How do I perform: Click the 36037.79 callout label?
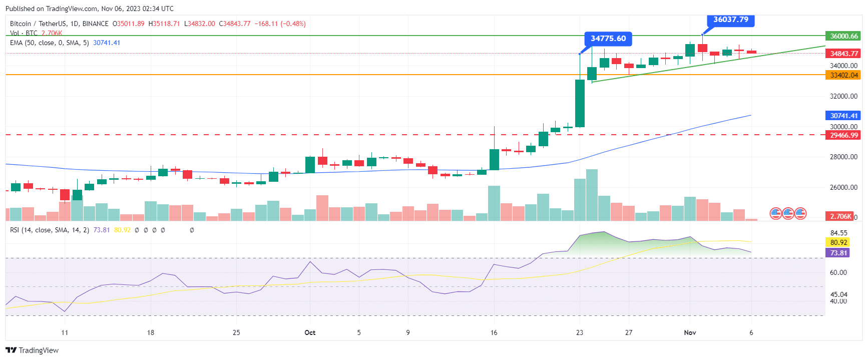(730, 20)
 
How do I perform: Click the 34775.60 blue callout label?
(608, 39)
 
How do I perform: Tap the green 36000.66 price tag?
(843, 36)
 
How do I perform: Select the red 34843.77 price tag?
(843, 54)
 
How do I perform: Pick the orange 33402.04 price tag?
(843, 75)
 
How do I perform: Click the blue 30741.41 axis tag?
(843, 116)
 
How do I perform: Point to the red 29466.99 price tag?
(843, 135)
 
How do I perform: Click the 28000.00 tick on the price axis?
(843, 157)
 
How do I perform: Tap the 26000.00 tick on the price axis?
(843, 187)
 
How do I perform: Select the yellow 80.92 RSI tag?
(838, 242)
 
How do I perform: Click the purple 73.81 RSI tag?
(838, 253)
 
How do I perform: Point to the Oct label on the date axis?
(310, 332)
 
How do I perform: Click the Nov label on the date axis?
(690, 332)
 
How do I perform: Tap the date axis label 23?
(580, 332)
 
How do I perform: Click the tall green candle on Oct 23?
(580, 103)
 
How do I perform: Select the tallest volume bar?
(592, 195)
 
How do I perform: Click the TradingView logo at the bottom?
(32, 350)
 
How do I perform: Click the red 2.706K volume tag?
(840, 216)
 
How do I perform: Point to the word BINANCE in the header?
(95, 24)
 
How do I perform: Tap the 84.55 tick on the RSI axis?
(838, 233)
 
